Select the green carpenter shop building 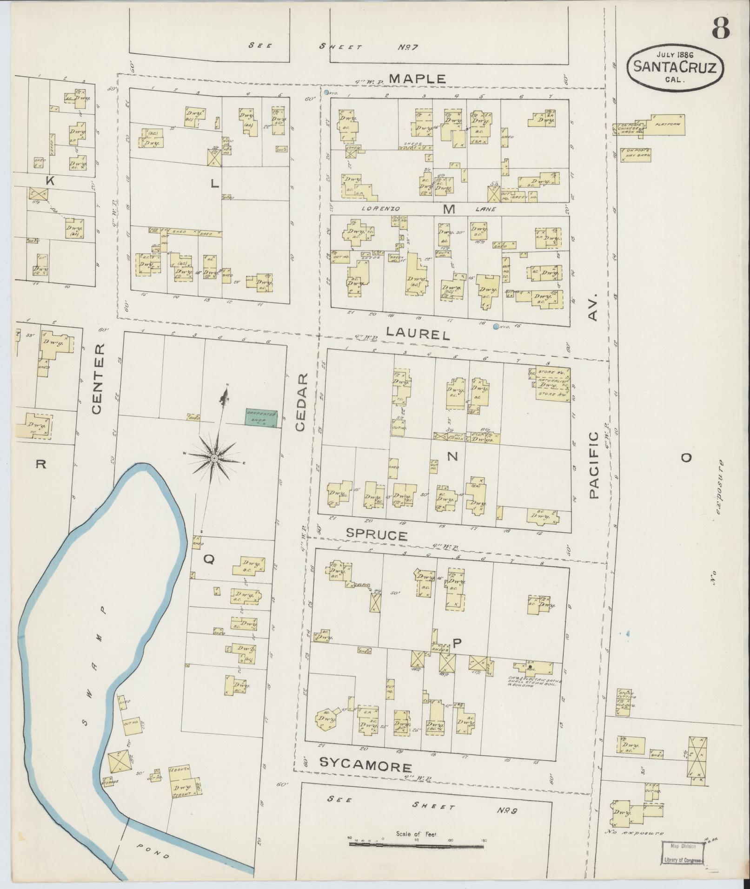pos(262,418)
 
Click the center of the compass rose pos(214,459)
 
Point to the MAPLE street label pos(417,79)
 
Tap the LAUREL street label pos(418,334)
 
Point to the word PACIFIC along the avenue pos(594,465)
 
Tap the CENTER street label pos(97,379)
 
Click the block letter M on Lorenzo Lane pos(448,210)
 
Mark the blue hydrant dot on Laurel pos(496,326)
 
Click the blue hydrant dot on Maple pos(327,92)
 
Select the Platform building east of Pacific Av pos(664,125)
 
